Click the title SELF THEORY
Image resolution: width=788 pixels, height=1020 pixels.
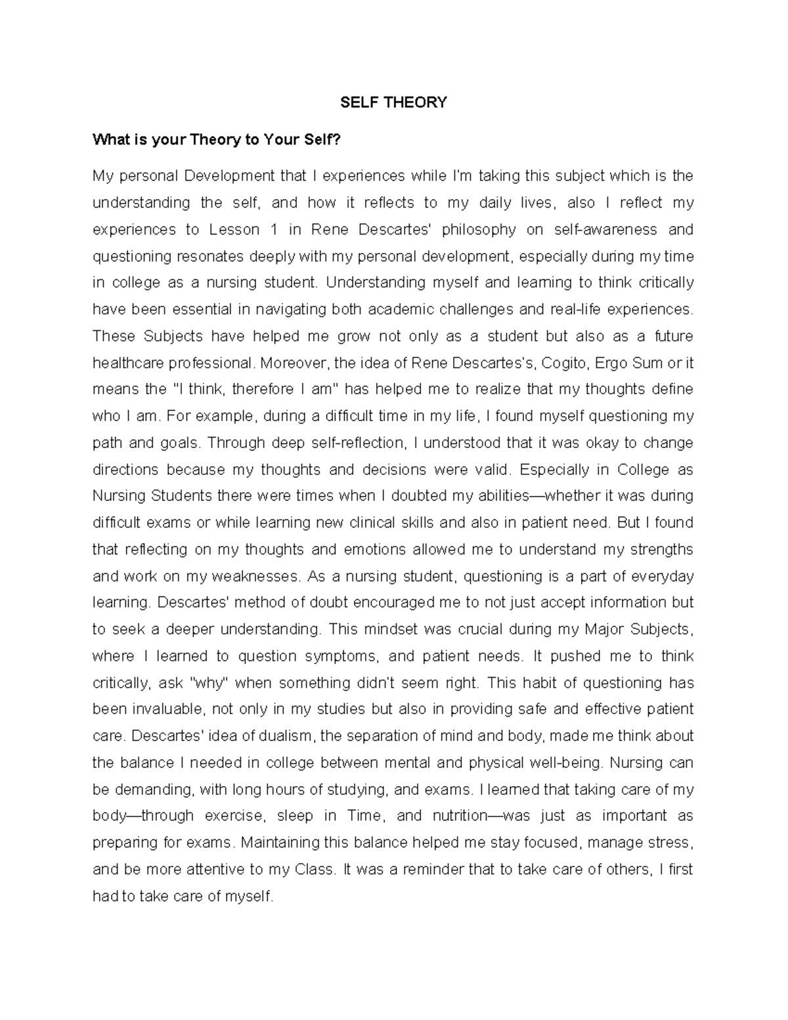393,102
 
